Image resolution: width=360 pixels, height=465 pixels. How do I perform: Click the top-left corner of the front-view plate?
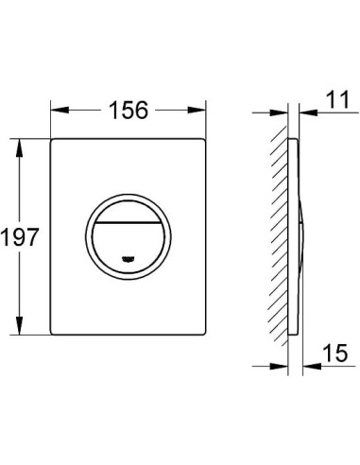[x=49, y=143]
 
